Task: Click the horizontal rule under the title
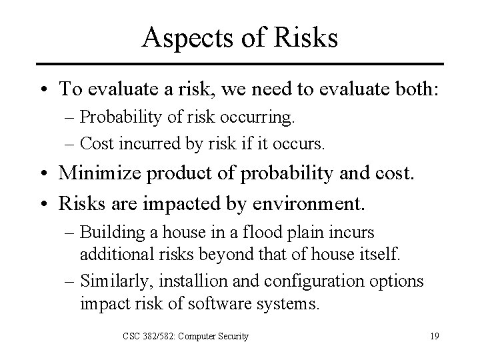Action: (x=240, y=64)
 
